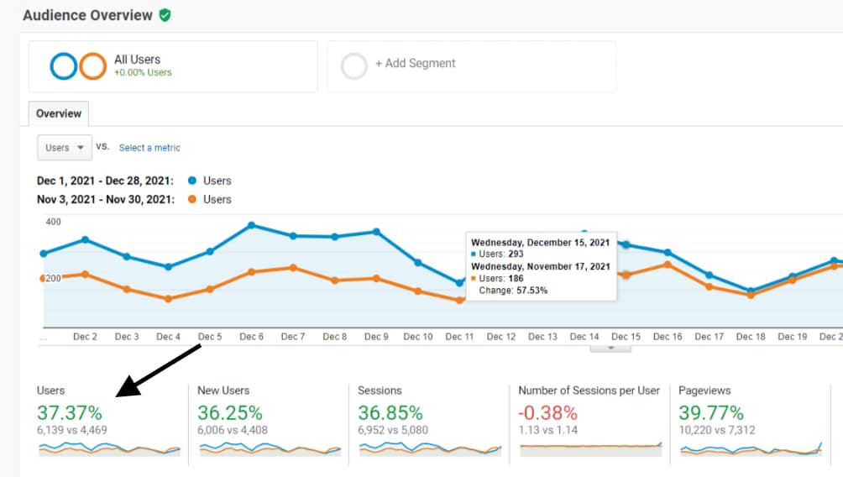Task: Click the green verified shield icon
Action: tap(165, 15)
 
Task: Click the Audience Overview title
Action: tap(87, 15)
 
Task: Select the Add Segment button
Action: tap(415, 64)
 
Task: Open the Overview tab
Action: tap(59, 113)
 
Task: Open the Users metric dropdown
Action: tap(64, 148)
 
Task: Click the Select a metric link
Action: tap(149, 148)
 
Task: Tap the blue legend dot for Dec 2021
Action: tap(192, 181)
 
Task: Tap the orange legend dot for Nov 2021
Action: tap(192, 199)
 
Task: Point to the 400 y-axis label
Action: tap(53, 223)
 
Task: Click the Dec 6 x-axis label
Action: tap(251, 337)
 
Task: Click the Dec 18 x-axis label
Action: tap(751, 337)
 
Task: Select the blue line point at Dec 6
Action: tap(251, 225)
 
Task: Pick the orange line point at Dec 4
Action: tap(168, 299)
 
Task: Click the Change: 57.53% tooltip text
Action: tap(512, 291)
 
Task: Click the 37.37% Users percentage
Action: tap(70, 412)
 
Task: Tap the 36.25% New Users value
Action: tap(230, 412)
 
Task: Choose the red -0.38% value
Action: tap(547, 412)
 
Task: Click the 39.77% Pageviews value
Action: tap(711, 412)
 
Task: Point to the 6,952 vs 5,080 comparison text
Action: tap(393, 431)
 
